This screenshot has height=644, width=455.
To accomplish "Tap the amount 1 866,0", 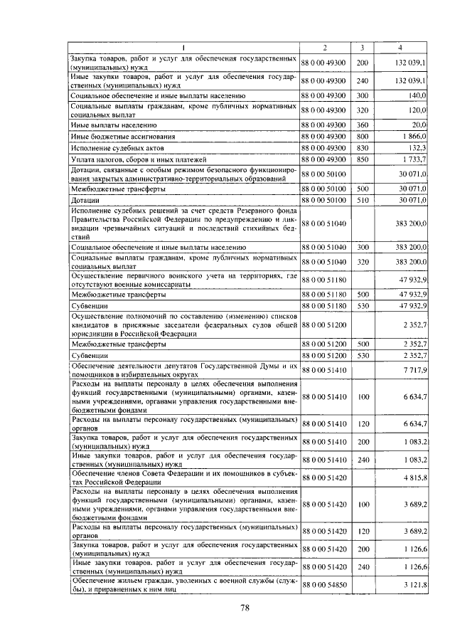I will click(412, 135).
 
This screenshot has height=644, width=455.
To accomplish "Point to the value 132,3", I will click(416, 147).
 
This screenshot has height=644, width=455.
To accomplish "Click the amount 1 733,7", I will click(412, 159).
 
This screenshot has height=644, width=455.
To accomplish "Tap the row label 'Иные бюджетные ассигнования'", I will click(122, 135).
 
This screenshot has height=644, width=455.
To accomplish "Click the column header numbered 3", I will click(362, 48).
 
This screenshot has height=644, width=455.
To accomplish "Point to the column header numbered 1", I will click(183, 48).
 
